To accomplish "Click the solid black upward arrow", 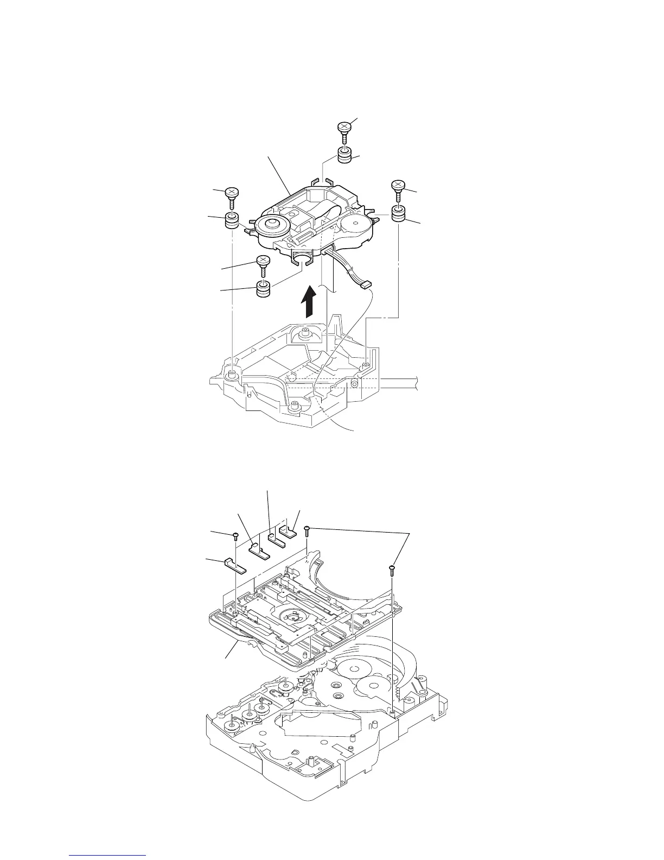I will click(x=309, y=302).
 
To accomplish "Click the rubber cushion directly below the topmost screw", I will click(x=344, y=156).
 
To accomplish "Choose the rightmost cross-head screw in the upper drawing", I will click(x=397, y=189).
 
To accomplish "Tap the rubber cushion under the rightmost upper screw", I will click(x=399, y=214).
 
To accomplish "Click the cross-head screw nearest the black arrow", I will click(x=263, y=264).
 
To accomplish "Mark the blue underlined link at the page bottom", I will click(x=108, y=855).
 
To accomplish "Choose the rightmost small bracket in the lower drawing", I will click(x=289, y=530).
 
